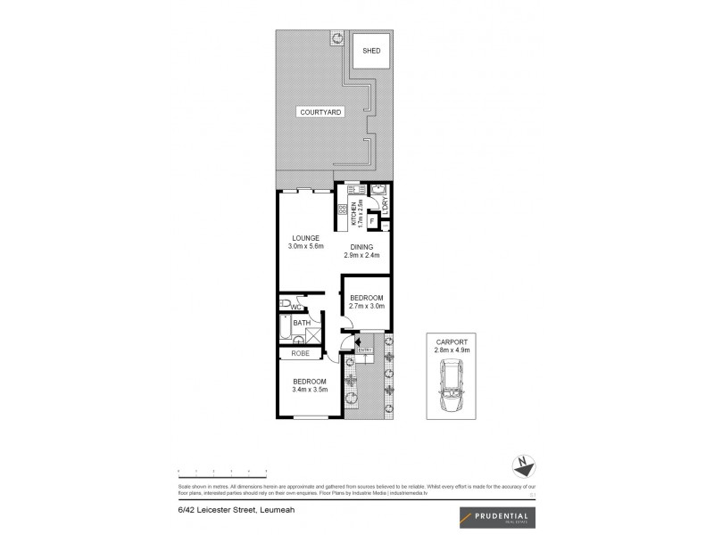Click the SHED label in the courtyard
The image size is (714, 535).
click(x=371, y=51)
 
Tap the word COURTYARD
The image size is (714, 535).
click(x=317, y=112)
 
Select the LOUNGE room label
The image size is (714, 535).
click(x=305, y=236)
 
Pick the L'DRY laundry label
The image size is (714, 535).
click(x=385, y=203)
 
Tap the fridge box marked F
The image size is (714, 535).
click(x=372, y=219)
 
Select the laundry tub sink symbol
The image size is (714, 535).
click(x=378, y=189)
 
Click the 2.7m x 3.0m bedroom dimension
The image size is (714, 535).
click(x=366, y=306)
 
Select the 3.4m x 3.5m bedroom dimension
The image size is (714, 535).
click(x=309, y=390)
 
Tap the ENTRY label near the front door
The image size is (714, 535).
click(x=364, y=350)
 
